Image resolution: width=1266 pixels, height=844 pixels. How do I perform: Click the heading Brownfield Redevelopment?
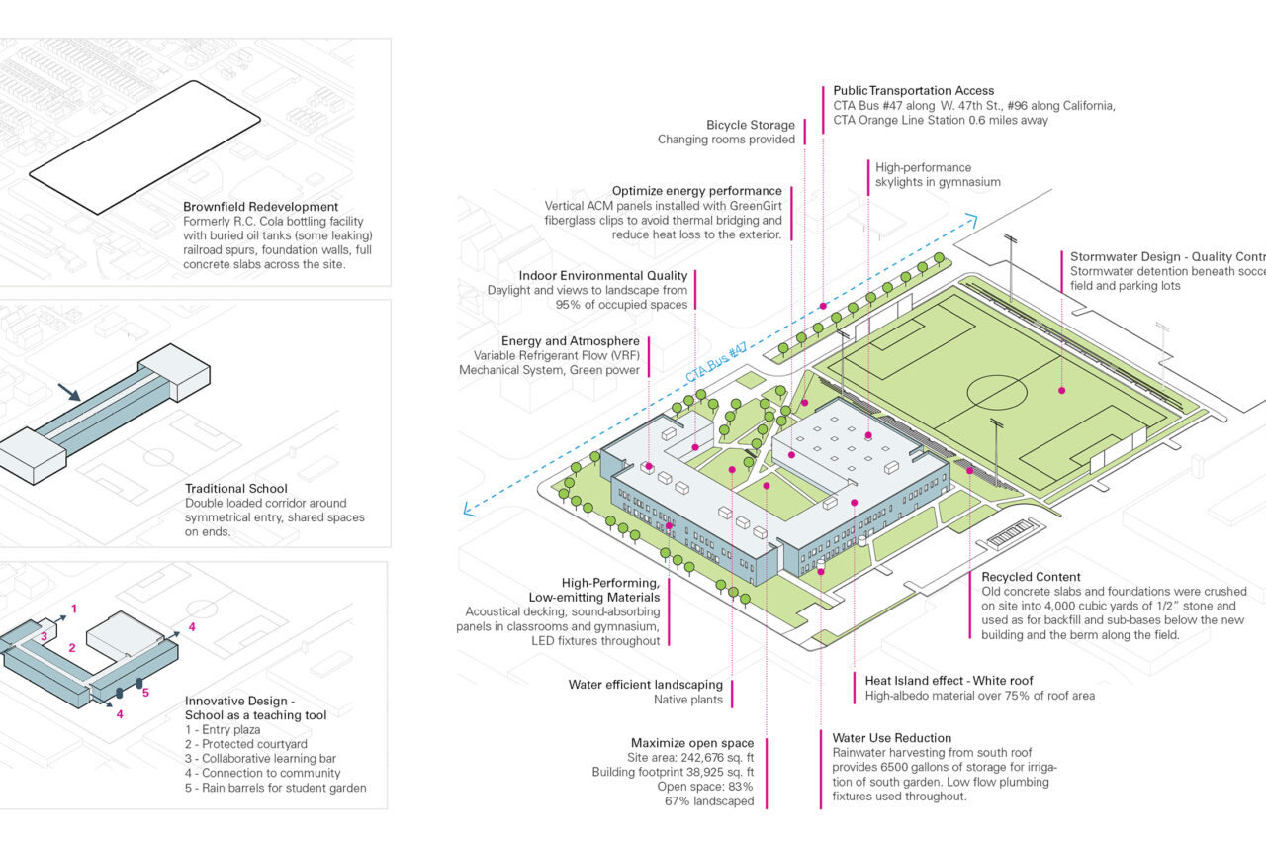click(x=260, y=207)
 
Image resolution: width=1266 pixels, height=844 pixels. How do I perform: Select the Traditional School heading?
click(x=235, y=488)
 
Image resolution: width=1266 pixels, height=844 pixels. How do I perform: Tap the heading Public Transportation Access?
click(x=913, y=91)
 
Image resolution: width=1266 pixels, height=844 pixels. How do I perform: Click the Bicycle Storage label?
click(x=750, y=125)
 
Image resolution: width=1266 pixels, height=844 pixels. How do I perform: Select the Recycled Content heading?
click(x=1031, y=577)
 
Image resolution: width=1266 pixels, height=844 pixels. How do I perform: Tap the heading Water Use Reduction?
click(x=891, y=738)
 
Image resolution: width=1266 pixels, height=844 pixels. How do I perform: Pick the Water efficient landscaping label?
click(x=645, y=685)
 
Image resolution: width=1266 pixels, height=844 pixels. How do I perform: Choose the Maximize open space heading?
click(x=691, y=743)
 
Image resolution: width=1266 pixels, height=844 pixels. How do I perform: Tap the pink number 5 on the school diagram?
click(x=145, y=692)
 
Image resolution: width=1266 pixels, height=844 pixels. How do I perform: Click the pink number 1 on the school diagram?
click(x=74, y=608)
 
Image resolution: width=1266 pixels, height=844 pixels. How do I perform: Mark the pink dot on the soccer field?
click(x=1061, y=390)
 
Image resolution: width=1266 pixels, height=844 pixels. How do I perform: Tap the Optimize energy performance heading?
click(x=696, y=191)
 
